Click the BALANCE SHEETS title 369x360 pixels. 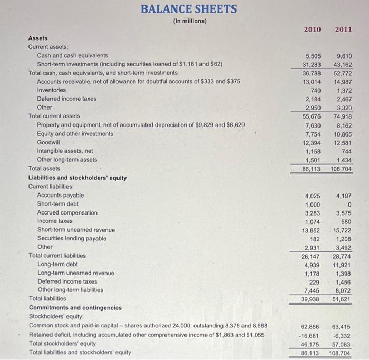[x=189, y=9]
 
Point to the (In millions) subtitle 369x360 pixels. [x=189, y=21]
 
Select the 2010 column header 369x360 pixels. [x=312, y=29]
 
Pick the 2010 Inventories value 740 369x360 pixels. [x=314, y=90]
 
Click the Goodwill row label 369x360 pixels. [x=48, y=142]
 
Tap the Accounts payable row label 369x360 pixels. [x=60, y=196]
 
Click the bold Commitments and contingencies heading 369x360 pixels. [x=75, y=307]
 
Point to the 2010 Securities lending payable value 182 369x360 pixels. [x=314, y=238]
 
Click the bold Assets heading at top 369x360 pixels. [x=37, y=38]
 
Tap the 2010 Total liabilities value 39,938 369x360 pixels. [x=310, y=299]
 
